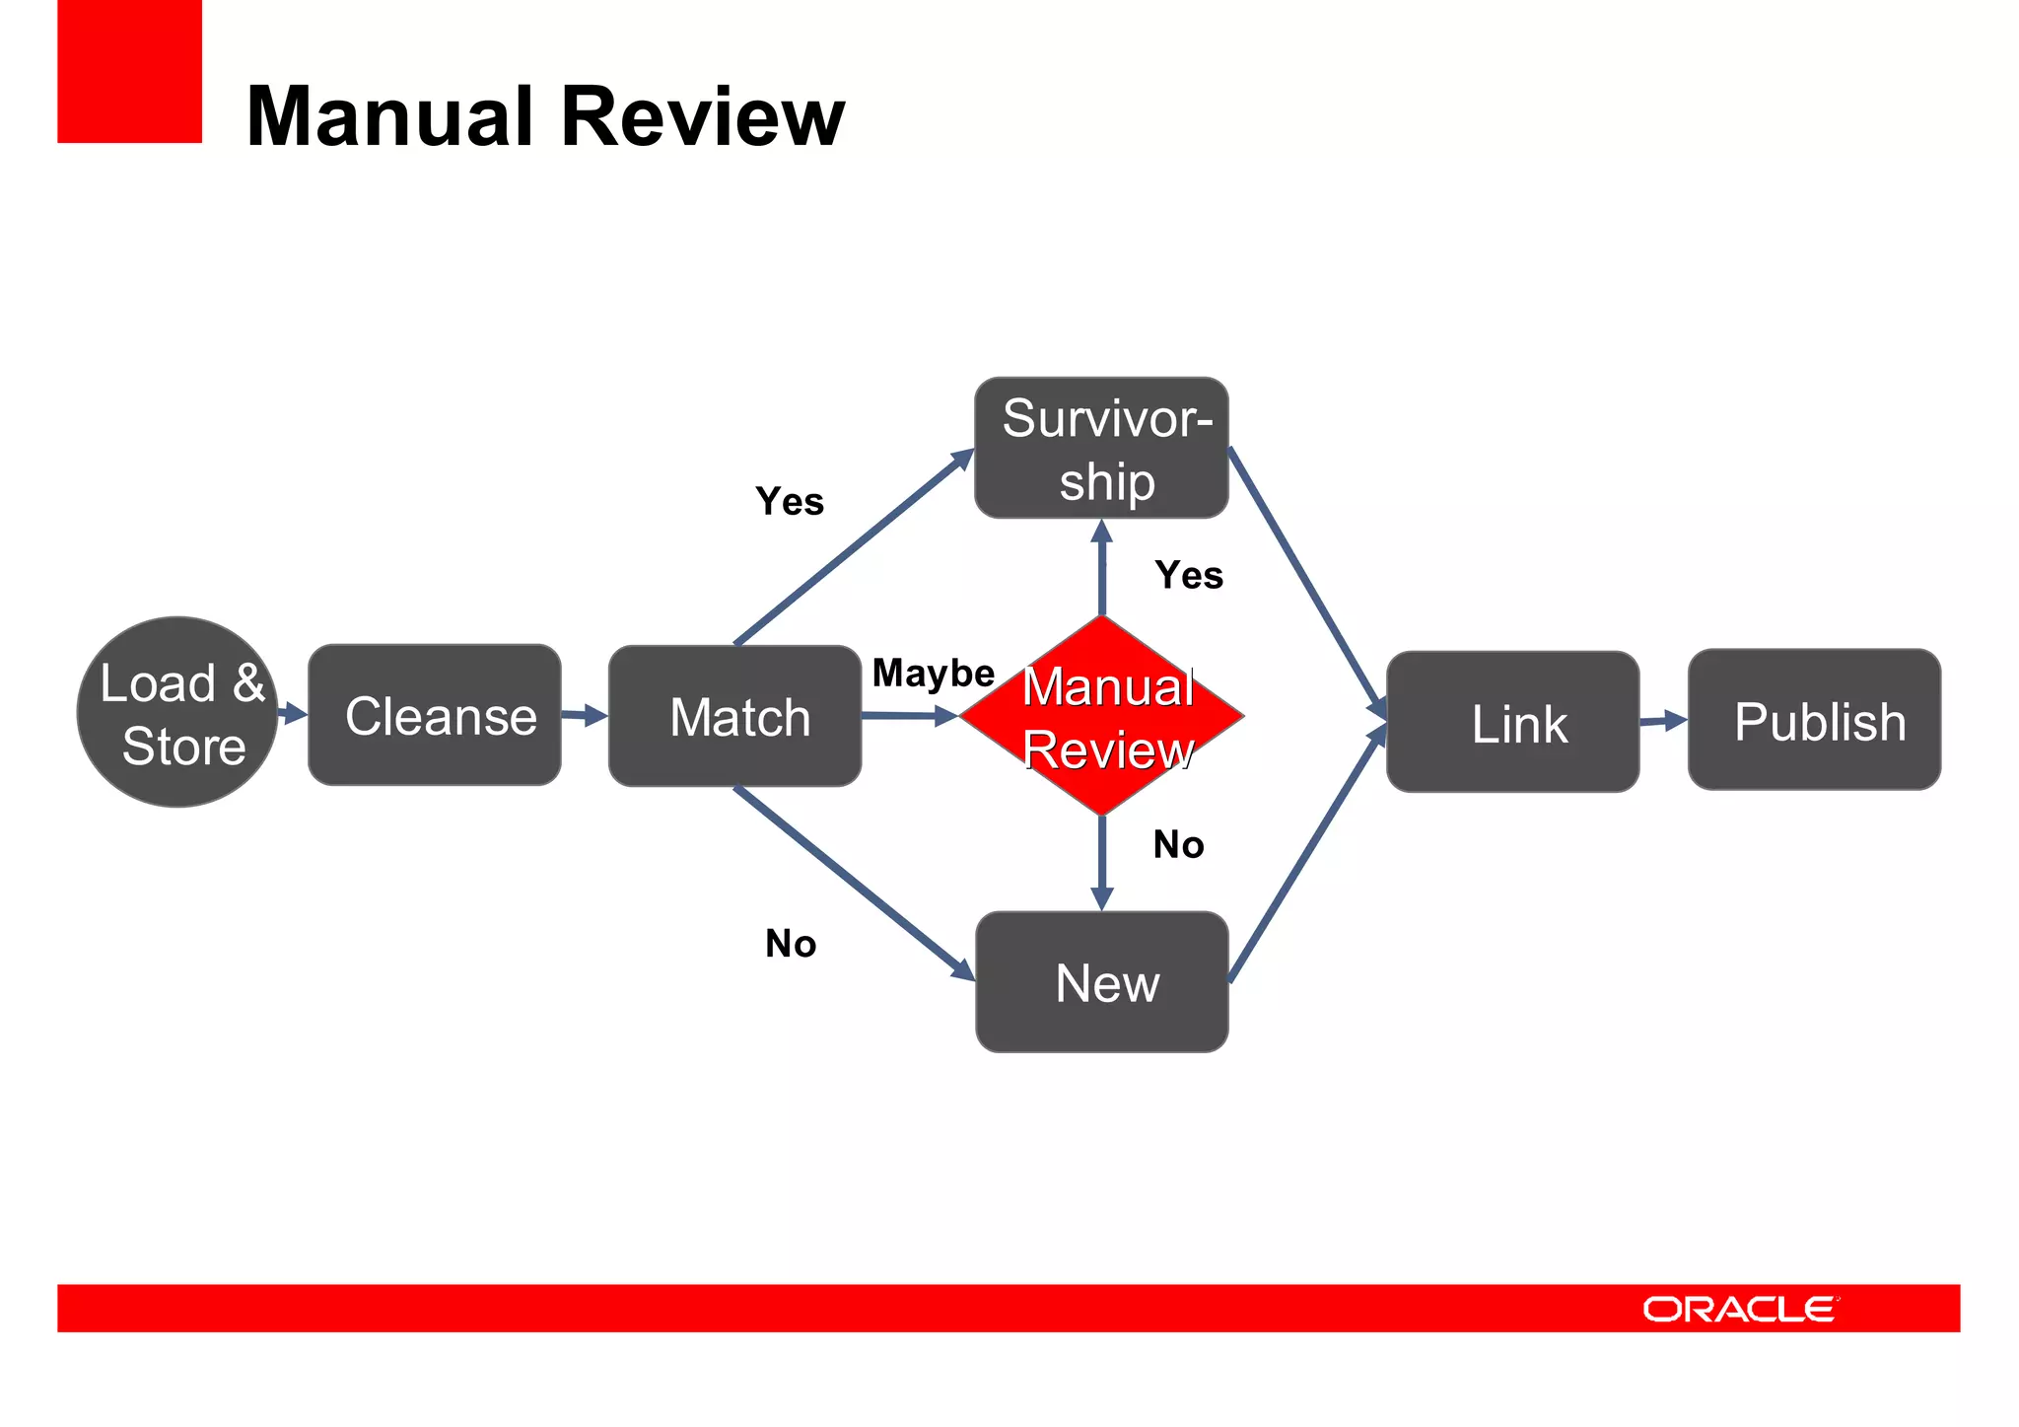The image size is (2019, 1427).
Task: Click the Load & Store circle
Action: (177, 712)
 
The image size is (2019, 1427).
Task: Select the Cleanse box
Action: (435, 715)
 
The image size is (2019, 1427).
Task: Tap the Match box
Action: (734, 716)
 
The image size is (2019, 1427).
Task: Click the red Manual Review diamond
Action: (1102, 716)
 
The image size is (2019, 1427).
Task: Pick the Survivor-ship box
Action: (1101, 448)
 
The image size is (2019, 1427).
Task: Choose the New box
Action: (1101, 982)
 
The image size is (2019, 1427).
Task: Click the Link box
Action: (1512, 722)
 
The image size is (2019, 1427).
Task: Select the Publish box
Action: (1814, 720)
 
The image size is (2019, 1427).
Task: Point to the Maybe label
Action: (933, 674)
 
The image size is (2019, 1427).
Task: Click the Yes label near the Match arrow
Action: (790, 502)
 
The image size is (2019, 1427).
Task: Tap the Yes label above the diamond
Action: (1189, 575)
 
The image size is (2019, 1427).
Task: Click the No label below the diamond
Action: (1178, 845)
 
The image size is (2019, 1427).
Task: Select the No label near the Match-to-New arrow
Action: (791, 945)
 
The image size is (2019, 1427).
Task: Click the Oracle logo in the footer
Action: (1739, 1309)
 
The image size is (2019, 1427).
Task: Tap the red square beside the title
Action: (129, 71)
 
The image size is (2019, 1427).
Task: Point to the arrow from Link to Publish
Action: (1663, 721)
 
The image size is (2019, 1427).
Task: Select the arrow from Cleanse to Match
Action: (585, 715)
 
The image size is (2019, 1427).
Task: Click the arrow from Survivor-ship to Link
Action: (1306, 580)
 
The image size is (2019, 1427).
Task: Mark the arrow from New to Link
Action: (1306, 856)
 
